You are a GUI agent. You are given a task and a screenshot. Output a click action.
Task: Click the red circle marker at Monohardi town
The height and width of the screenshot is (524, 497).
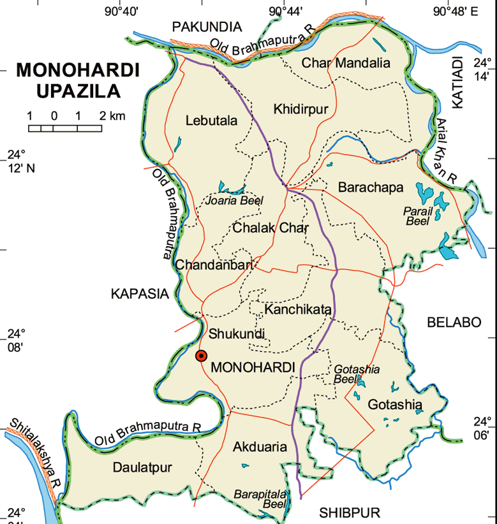(x=201, y=356)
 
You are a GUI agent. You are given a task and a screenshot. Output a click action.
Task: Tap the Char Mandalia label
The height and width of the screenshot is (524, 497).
(x=345, y=62)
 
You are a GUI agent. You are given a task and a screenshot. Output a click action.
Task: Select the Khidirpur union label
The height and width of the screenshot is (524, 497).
(x=300, y=110)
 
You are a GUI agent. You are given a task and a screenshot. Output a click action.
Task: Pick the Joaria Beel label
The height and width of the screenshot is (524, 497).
(x=234, y=201)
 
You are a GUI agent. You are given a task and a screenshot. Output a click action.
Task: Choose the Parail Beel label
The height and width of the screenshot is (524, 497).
(x=419, y=216)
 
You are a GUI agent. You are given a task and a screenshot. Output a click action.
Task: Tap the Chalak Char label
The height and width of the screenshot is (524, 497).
(x=271, y=228)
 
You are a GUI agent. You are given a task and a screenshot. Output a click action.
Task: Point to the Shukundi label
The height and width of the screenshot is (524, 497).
(x=237, y=334)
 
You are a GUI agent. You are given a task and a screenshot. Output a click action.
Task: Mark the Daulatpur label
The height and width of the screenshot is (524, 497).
(x=142, y=467)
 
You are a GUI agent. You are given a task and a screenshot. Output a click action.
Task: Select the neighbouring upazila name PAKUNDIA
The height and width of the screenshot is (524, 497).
(x=207, y=26)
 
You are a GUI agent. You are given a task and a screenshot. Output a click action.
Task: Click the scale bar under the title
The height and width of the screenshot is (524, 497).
(x=65, y=128)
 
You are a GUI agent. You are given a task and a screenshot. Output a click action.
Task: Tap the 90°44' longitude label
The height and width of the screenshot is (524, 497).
(x=286, y=11)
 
